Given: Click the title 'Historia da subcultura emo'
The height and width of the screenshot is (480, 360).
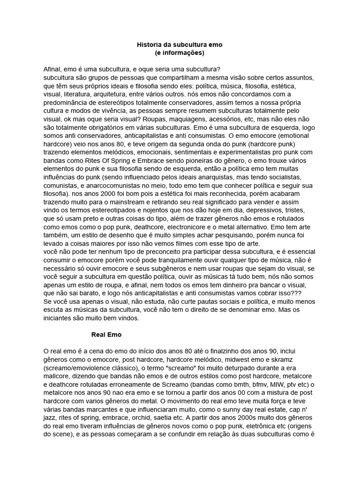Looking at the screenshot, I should (180, 45).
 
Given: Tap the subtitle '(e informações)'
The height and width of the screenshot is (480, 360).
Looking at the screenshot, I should (180, 53).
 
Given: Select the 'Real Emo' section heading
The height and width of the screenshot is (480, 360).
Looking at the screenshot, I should (106, 335).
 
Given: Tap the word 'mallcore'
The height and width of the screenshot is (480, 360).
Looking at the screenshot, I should (57, 376).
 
